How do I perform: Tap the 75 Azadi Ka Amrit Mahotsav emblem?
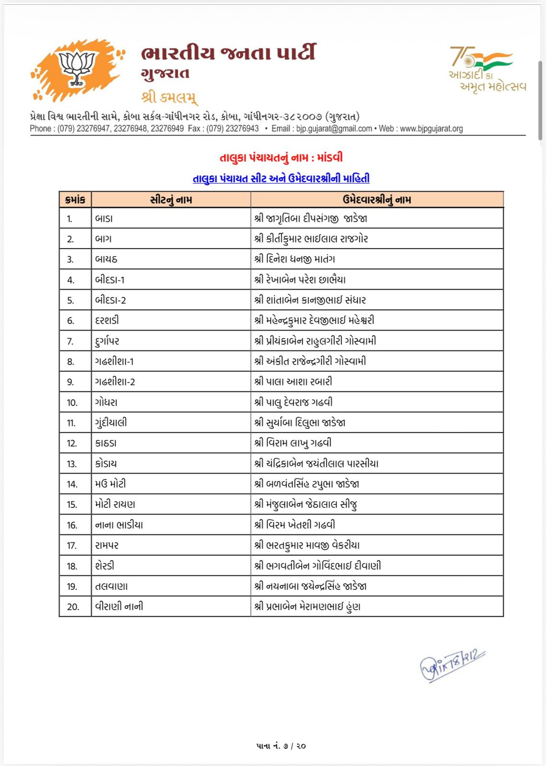(x=486, y=69)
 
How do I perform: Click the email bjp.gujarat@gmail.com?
(x=334, y=128)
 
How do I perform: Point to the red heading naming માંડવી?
(x=281, y=158)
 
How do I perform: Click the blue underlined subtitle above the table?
(x=281, y=179)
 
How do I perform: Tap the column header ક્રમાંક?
(x=75, y=200)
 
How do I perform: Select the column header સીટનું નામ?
(x=171, y=200)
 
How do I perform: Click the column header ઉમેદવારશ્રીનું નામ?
(x=376, y=200)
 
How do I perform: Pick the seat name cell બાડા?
(x=104, y=219)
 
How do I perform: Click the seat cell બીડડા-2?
(x=111, y=300)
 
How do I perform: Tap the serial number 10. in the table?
(x=72, y=403)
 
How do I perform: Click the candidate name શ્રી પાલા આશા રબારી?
(x=293, y=382)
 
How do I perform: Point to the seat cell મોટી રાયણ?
(x=115, y=504)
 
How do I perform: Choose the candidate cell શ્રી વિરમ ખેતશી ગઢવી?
(x=295, y=525)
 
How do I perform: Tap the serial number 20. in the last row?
(x=73, y=607)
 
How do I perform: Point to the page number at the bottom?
(x=281, y=746)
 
